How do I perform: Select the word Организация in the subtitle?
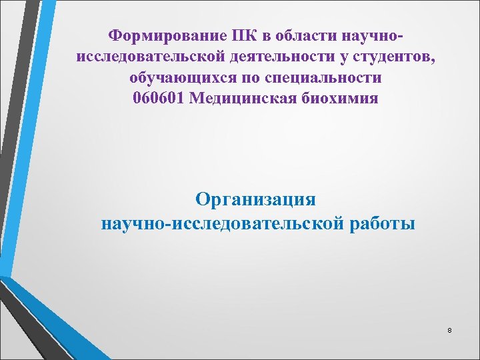(257, 199)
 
